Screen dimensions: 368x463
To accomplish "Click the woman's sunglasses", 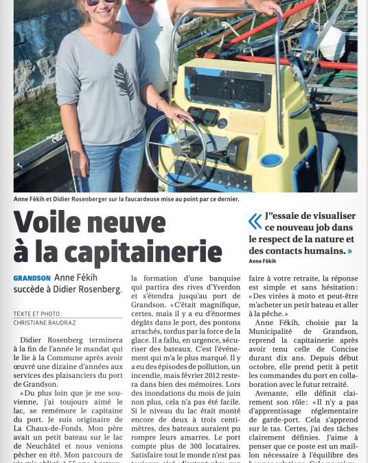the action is click(x=100, y=2).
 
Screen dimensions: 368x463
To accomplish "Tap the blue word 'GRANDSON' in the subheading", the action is click(x=32, y=278).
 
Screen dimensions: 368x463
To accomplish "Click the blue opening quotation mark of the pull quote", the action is click(x=255, y=221).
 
